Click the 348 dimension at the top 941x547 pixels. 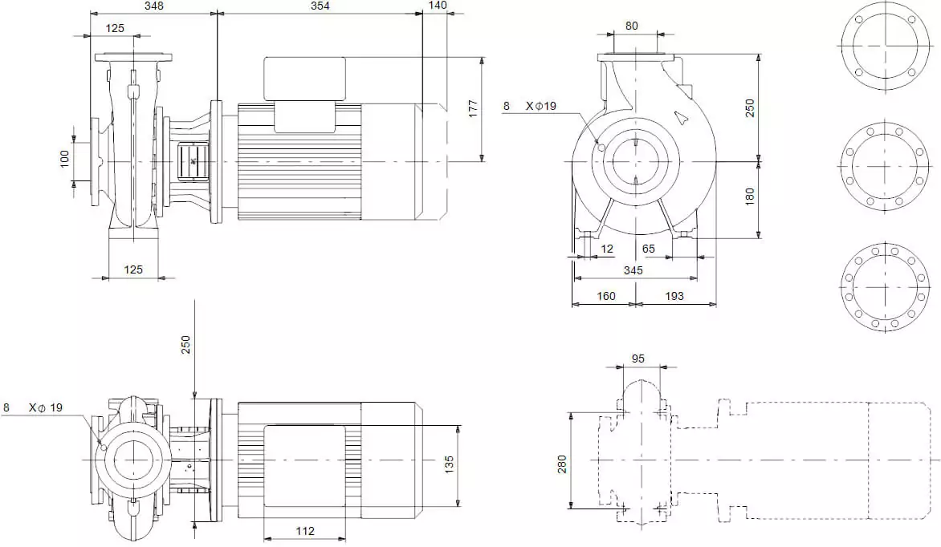pyautogui.click(x=154, y=6)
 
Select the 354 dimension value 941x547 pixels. pyautogui.click(x=319, y=6)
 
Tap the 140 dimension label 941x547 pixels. pyautogui.click(x=438, y=6)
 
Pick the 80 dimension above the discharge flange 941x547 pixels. pyautogui.click(x=632, y=26)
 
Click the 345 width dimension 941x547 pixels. pyautogui.click(x=633, y=271)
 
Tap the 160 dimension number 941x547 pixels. pyautogui.click(x=606, y=296)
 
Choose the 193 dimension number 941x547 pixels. pyautogui.click(x=674, y=296)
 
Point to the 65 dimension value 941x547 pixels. pyautogui.click(x=649, y=249)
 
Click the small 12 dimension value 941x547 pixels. pyautogui.click(x=607, y=249)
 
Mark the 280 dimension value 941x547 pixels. pyautogui.click(x=562, y=463)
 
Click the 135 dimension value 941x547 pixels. pyautogui.click(x=450, y=464)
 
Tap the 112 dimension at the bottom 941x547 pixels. pyautogui.click(x=304, y=531)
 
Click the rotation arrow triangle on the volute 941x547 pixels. pyautogui.click(x=682, y=118)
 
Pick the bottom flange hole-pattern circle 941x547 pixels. pyautogui.click(x=885, y=286)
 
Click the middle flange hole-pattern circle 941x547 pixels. pyautogui.click(x=885, y=167)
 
